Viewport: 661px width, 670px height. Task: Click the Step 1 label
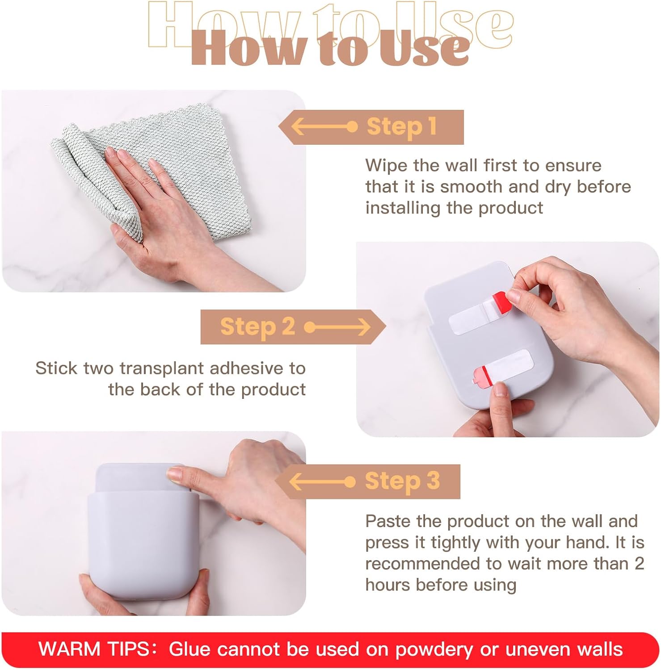coord(401,127)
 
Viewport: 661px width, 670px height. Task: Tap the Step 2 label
coord(257,327)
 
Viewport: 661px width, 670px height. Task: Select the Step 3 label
coord(402,482)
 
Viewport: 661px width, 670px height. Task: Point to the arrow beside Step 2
coord(338,327)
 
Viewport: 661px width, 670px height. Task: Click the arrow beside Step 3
coord(322,482)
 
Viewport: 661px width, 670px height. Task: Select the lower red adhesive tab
coord(482,376)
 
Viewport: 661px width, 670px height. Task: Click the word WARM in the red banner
coord(69,649)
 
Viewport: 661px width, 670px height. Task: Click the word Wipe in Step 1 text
coord(386,166)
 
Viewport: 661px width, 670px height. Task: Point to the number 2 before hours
coord(639,564)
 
